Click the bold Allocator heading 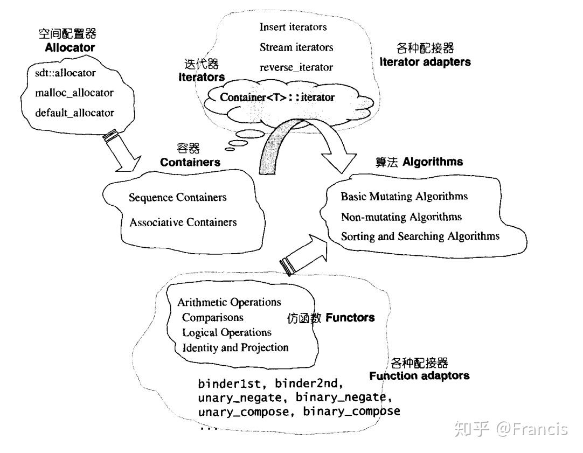point(70,47)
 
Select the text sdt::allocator point(65,72)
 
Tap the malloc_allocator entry point(74,93)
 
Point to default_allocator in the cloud point(74,113)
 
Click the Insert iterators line point(293,26)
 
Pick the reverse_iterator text point(296,67)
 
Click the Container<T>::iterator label point(277,97)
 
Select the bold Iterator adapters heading point(425,62)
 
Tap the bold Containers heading point(190,162)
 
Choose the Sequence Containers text point(177,197)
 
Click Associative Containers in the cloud point(183,222)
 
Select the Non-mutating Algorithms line point(401,217)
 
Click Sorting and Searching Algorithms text point(420,236)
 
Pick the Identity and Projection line point(235,347)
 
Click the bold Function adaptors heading point(419,375)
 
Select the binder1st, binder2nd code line point(270,385)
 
